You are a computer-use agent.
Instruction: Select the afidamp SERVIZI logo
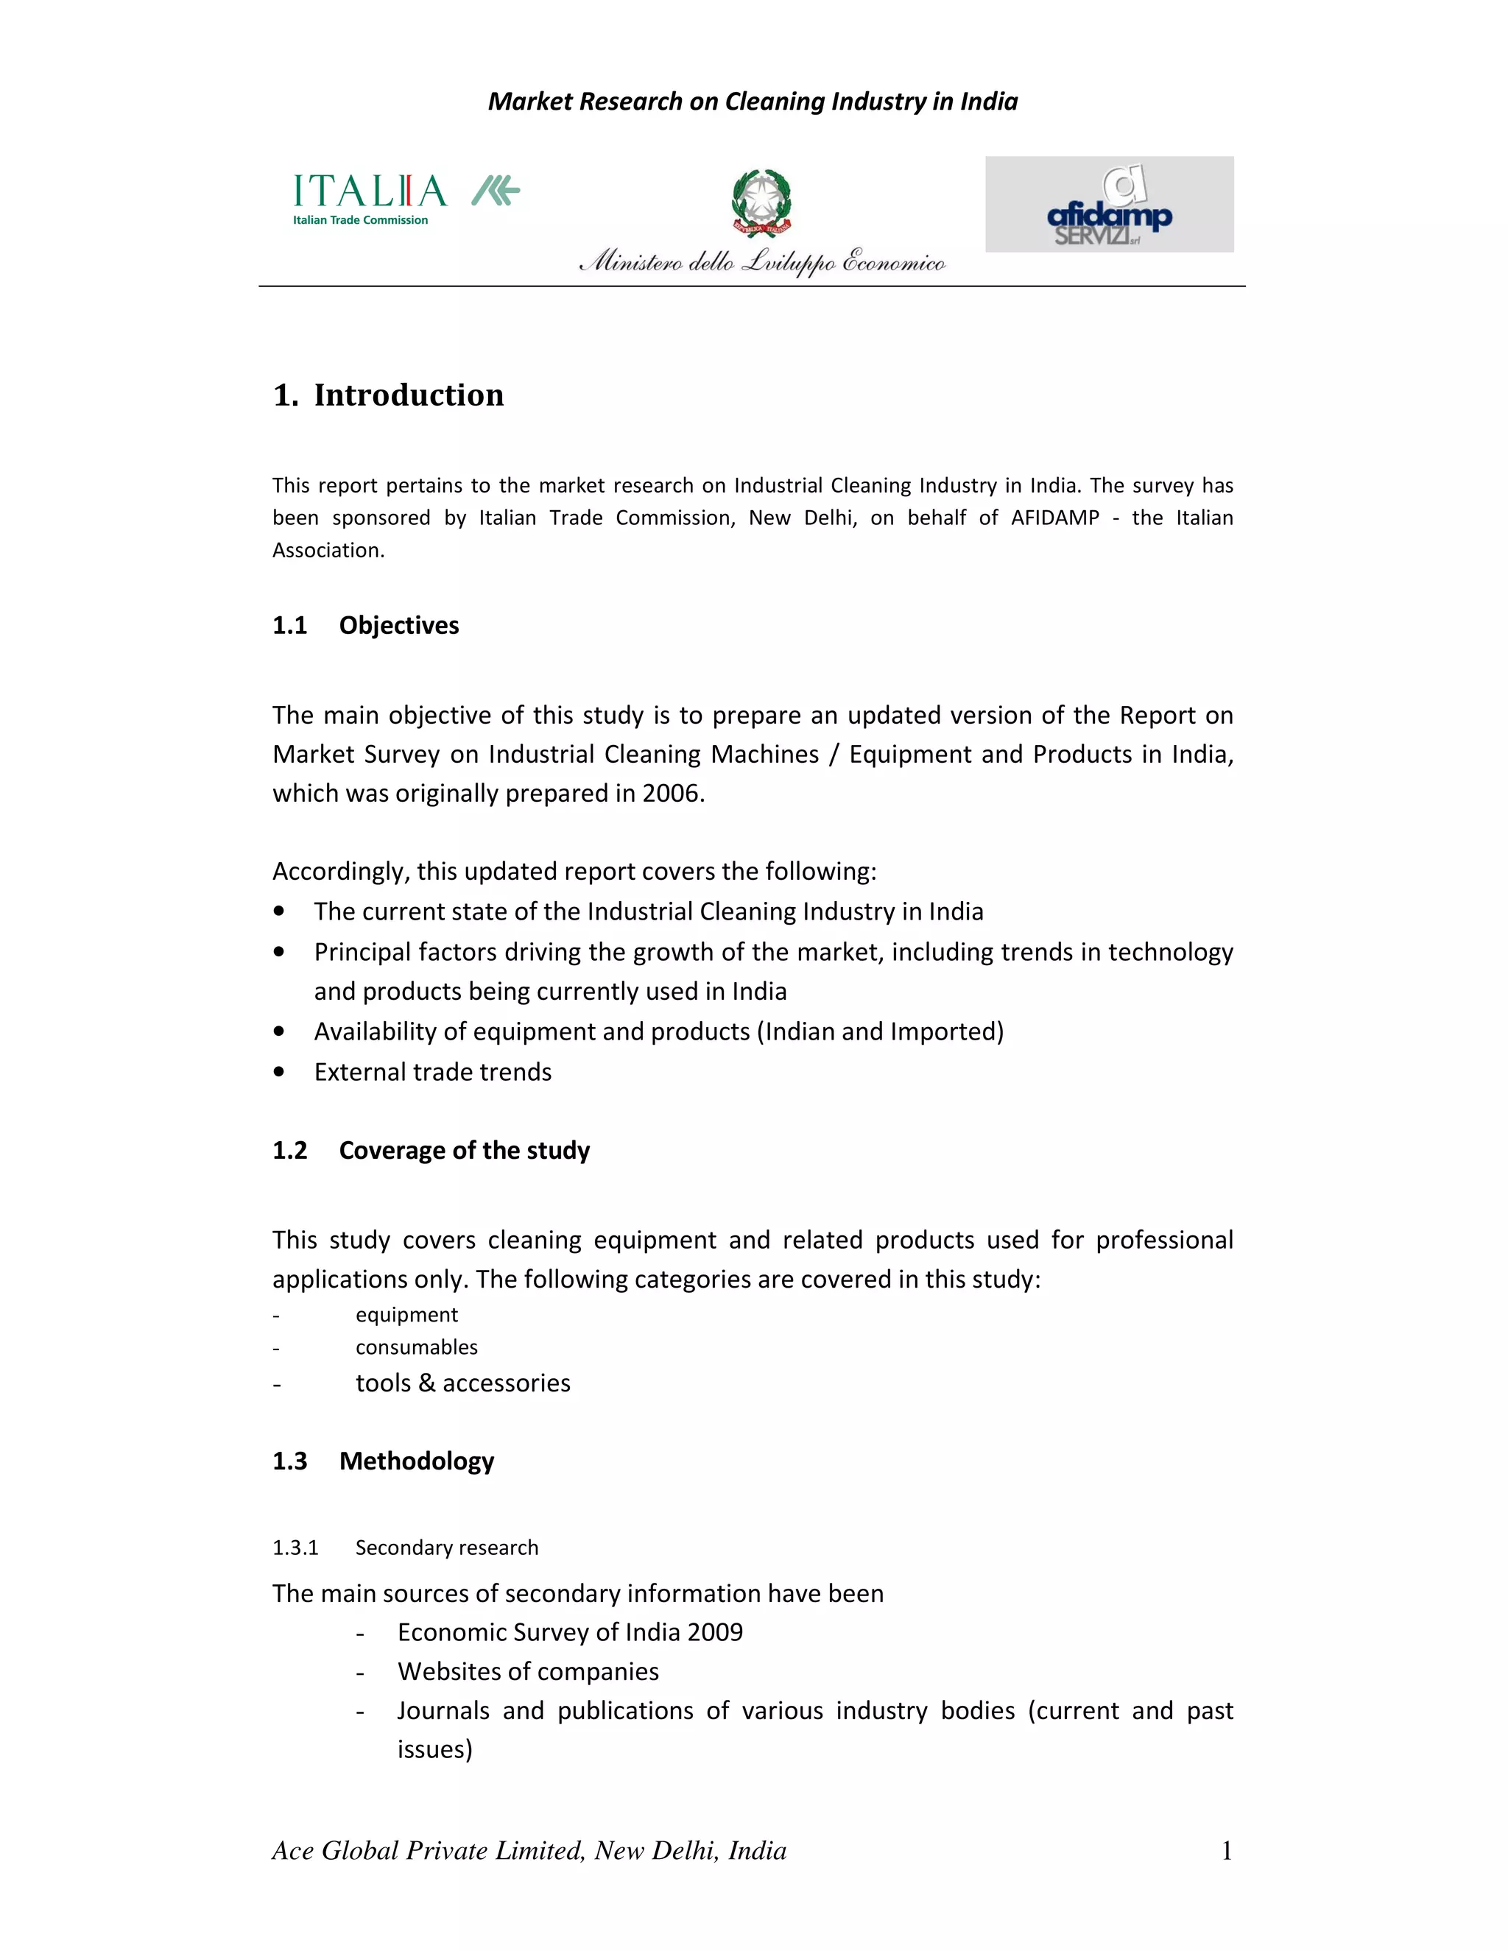tap(1109, 205)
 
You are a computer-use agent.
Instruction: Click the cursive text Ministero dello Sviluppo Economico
tap(761, 262)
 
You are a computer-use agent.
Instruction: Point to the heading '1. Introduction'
tap(389, 395)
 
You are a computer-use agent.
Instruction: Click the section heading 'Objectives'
tap(398, 625)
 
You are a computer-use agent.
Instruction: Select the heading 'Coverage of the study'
tap(464, 1150)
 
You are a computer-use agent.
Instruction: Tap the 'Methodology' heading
tap(416, 1461)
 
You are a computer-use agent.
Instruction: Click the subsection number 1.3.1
tap(295, 1548)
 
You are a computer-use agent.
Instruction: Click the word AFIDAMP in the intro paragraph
tap(1054, 518)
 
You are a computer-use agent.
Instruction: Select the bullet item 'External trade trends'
tap(432, 1072)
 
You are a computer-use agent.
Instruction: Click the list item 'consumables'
tap(416, 1347)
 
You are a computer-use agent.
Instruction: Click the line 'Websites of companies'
tap(528, 1671)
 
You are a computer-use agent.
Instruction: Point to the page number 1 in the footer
tap(1227, 1850)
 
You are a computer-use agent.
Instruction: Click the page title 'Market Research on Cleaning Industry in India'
tap(753, 102)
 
